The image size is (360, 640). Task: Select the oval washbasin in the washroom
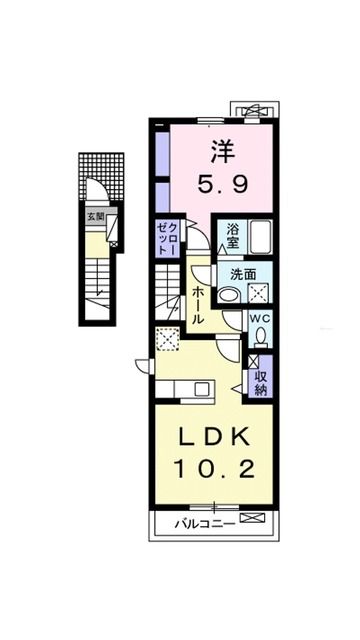tap(229, 294)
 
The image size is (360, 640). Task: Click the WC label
tap(259, 320)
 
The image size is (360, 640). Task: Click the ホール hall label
tap(199, 302)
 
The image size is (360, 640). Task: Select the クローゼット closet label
tap(166, 240)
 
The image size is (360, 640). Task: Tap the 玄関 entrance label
tap(94, 216)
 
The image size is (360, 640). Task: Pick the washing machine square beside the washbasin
tap(261, 293)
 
